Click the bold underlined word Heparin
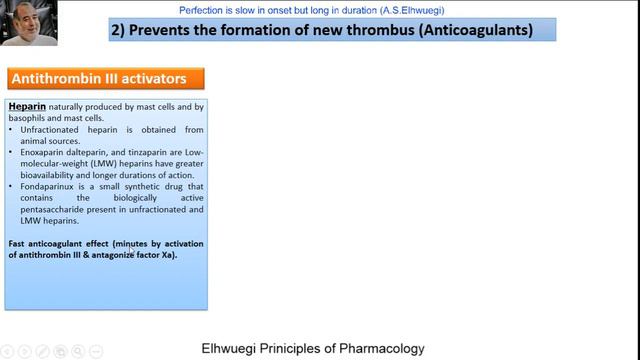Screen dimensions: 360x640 (27, 105)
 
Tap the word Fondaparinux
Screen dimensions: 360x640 (48, 187)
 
